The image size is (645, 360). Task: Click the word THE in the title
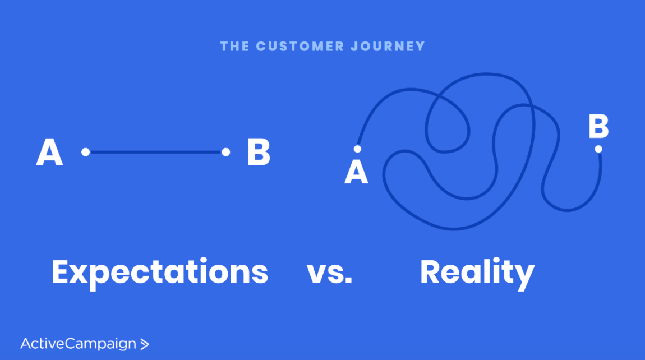coord(235,46)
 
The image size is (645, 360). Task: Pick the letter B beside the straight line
coord(259,152)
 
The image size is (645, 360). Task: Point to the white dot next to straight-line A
coord(85,152)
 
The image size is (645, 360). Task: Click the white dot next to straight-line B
coord(225,152)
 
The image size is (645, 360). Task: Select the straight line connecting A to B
coord(155,152)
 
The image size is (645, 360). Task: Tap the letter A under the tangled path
coord(356,172)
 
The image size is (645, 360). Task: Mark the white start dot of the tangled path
coord(357,149)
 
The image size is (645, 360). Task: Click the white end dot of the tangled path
coord(598,149)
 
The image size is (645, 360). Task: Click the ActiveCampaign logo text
coord(79,343)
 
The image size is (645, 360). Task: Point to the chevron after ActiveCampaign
coord(145,344)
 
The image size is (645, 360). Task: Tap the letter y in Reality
coord(524,276)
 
